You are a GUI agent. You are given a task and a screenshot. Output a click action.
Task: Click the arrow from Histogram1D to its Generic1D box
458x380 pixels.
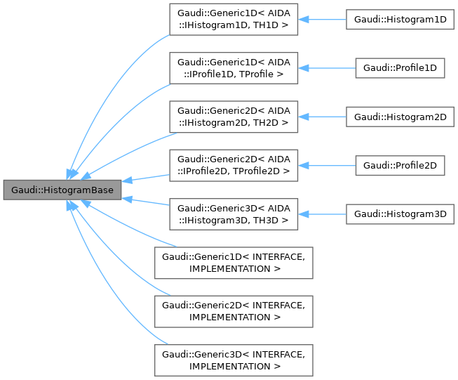(x=323, y=20)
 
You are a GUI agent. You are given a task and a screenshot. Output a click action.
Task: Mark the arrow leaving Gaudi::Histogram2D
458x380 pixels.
(x=323, y=117)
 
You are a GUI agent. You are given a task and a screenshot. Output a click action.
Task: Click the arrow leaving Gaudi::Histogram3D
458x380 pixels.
(x=323, y=214)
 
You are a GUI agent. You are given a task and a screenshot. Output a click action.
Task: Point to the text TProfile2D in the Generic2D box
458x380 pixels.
(x=261, y=171)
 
